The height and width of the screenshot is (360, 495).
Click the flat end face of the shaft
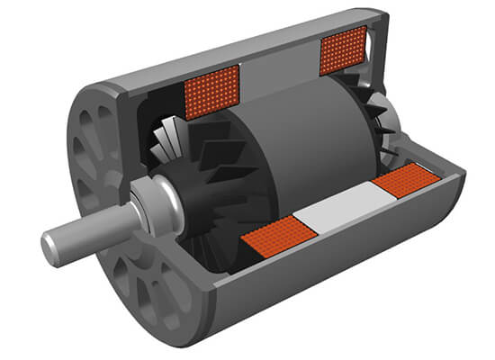click(51, 244)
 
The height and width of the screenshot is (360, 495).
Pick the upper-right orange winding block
click(342, 49)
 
